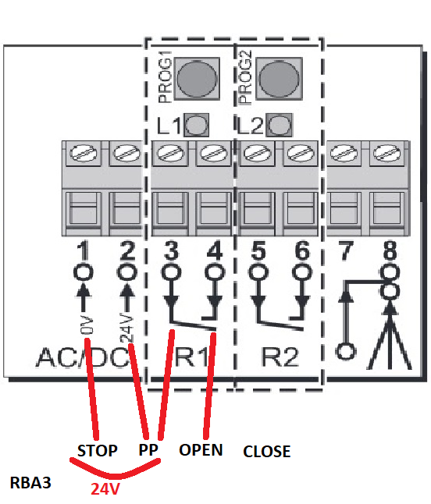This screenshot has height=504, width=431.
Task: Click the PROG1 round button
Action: pyautogui.click(x=197, y=79)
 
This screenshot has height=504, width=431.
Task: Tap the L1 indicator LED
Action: pyautogui.click(x=197, y=125)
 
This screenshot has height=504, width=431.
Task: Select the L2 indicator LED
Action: pyautogui.click(x=280, y=125)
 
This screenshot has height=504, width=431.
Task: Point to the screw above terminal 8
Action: pyautogui.click(x=388, y=153)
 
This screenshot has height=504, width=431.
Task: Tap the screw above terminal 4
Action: pyautogui.click(x=214, y=153)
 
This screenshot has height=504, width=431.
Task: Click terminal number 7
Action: pyautogui.click(x=346, y=250)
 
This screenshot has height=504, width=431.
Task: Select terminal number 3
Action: pyautogui.click(x=171, y=250)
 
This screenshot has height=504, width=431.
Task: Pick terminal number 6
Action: pyautogui.click(x=302, y=250)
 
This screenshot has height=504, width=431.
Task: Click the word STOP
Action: pyautogui.click(x=98, y=451)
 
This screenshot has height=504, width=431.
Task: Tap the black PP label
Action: pyautogui.click(x=148, y=450)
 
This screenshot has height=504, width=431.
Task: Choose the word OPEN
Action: pyautogui.click(x=201, y=450)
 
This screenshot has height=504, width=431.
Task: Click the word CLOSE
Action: pyautogui.click(x=266, y=451)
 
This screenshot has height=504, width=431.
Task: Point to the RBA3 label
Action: pyautogui.click(x=30, y=483)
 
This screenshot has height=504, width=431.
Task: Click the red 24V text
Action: pyautogui.click(x=105, y=489)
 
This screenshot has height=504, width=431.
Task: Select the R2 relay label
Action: pyautogui.click(x=280, y=357)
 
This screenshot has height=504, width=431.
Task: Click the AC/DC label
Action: pyautogui.click(x=83, y=357)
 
